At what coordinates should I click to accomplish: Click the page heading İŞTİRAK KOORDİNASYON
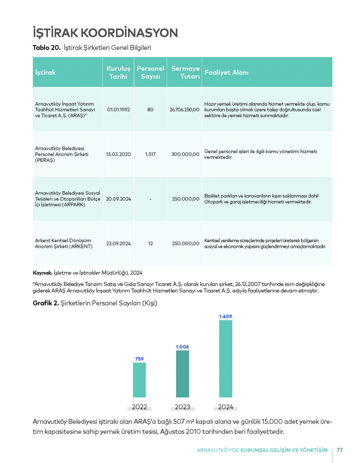pyautogui.click(x=105, y=33)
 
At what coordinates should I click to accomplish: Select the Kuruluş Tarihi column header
pyautogui.click(x=118, y=72)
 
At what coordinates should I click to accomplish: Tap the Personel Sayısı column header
pyautogui.click(x=150, y=72)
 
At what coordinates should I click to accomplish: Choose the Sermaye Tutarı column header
pyautogui.click(x=185, y=72)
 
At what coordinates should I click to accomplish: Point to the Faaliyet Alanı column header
pyautogui.click(x=226, y=72)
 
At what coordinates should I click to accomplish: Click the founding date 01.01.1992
pyautogui.click(x=118, y=110)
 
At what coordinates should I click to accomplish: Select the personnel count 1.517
pyautogui.click(x=150, y=154)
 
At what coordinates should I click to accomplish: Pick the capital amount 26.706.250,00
pyautogui.click(x=184, y=110)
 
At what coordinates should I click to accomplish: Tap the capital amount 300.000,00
pyautogui.click(x=185, y=154)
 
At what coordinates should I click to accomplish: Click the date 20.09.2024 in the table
pyautogui.click(x=118, y=199)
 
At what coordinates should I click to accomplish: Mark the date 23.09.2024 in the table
pyautogui.click(x=118, y=244)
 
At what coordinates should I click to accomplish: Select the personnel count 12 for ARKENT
pyautogui.click(x=150, y=244)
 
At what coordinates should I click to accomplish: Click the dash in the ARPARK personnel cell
pyautogui.click(x=150, y=199)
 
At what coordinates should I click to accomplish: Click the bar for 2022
pyautogui.click(x=139, y=380)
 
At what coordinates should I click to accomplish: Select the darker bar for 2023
pyautogui.click(x=183, y=374)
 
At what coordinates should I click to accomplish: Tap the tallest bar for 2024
pyautogui.click(x=226, y=359)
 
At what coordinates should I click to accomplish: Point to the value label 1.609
pyautogui.click(x=226, y=317)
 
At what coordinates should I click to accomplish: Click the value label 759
pyautogui.click(x=139, y=359)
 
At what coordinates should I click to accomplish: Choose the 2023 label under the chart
pyautogui.click(x=183, y=407)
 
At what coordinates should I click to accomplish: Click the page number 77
pyautogui.click(x=340, y=450)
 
